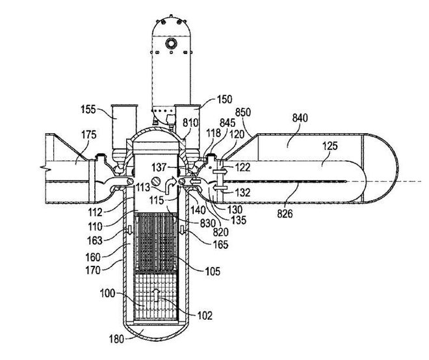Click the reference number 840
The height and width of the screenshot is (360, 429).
(300, 118)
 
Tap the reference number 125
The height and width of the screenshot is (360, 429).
(330, 146)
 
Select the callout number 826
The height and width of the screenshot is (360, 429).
(285, 214)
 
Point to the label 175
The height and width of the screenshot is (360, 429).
(89, 135)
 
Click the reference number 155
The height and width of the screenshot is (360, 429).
(88, 109)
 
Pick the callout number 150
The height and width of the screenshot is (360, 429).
(224, 99)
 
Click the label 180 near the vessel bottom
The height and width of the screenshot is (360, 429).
(116, 339)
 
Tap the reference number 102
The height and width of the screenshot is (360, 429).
(205, 315)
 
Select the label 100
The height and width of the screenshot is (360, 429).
(107, 294)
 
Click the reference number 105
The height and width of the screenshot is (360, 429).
(213, 272)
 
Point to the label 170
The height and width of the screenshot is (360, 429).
(93, 270)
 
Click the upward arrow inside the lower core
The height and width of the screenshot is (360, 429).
(156, 295)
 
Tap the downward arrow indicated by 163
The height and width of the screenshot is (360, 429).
(129, 230)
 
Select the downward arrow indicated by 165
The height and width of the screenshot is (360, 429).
(182, 230)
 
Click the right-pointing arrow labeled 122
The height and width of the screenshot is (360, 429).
(220, 172)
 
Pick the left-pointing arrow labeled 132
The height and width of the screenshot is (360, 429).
(220, 188)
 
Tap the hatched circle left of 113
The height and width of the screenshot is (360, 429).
(156, 181)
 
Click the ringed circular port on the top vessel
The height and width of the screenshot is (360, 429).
(171, 43)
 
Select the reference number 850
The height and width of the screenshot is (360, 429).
(243, 112)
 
